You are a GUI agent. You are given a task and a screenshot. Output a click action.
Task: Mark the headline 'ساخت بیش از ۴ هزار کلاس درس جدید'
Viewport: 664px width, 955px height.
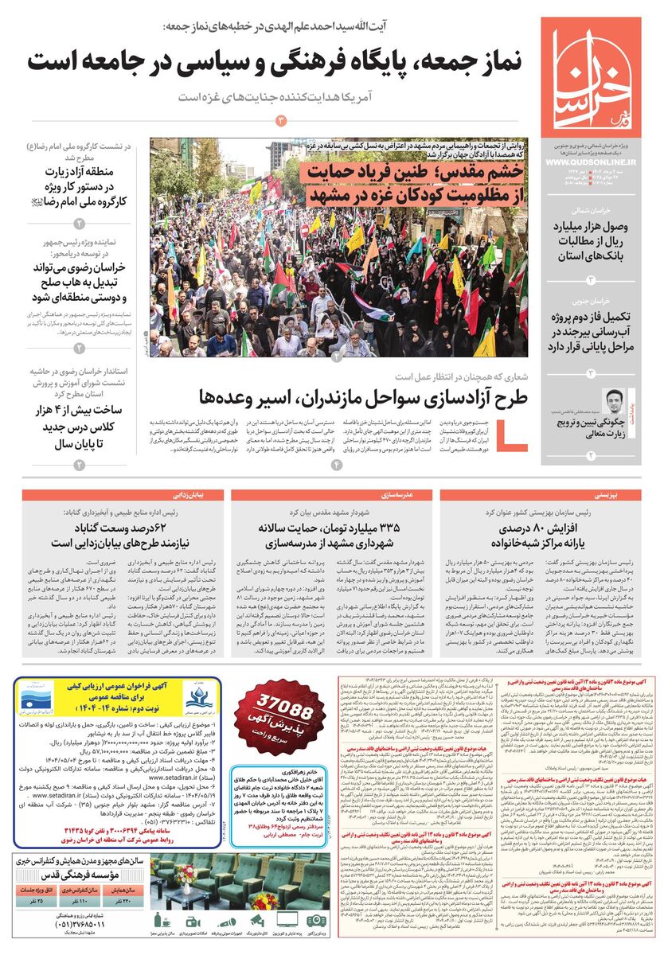point(76,425)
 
